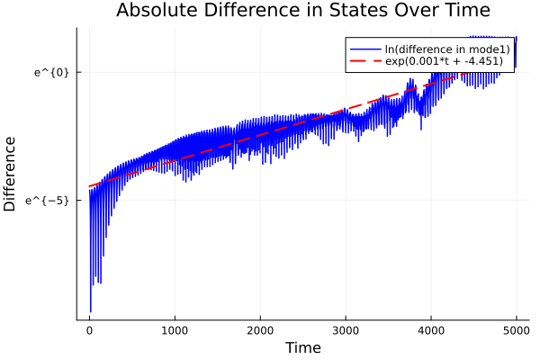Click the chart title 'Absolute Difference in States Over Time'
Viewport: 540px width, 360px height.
302,12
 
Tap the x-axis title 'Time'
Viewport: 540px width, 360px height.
302,348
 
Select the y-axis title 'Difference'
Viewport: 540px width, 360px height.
11,174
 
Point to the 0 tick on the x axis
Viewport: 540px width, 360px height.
89,329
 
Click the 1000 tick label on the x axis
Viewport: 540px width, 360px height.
175,329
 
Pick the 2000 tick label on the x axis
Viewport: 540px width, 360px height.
260,329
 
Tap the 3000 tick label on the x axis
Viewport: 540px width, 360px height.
346,329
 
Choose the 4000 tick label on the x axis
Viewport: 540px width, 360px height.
431,329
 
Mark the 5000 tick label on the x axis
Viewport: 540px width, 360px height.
516,329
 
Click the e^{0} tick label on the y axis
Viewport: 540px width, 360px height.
52,72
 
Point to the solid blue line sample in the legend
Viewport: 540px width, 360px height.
365,49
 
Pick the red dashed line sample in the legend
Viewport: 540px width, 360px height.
365,61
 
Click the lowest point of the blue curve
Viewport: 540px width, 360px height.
90,311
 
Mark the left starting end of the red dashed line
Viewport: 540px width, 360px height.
89,187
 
